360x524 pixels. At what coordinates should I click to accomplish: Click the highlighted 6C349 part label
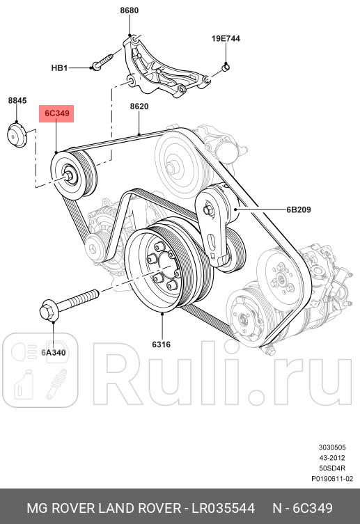[x=56, y=114]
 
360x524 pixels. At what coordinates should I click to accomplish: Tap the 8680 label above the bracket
[x=130, y=10]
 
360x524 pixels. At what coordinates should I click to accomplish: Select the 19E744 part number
[x=226, y=39]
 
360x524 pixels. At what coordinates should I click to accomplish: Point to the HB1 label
[x=60, y=68]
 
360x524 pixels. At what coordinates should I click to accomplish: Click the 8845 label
[x=17, y=101]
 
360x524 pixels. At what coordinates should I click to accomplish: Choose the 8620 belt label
[x=139, y=107]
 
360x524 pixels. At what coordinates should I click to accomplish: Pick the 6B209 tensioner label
[x=297, y=208]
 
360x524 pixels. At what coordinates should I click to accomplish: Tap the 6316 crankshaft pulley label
[x=161, y=344]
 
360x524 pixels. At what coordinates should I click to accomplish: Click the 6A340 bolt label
[x=53, y=353]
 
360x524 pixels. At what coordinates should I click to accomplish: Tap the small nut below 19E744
[x=227, y=67]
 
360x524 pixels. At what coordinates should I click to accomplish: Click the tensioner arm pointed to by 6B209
[x=212, y=230]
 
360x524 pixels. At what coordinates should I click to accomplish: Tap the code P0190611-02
[x=331, y=479]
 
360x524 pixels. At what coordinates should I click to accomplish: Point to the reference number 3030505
[x=332, y=447]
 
